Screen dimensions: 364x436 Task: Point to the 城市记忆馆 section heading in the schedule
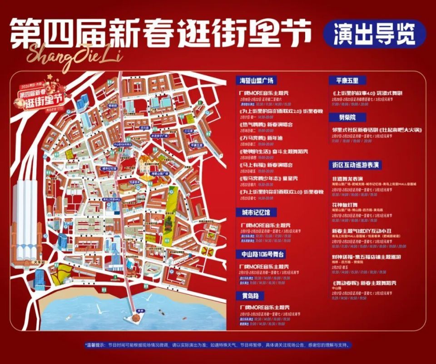click(x=256, y=212)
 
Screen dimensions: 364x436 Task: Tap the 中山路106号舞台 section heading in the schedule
click(x=260, y=254)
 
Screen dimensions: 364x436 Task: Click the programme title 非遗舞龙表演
click(x=347, y=179)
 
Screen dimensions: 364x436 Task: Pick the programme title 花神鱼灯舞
click(x=346, y=205)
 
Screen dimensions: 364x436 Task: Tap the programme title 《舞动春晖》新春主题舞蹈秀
click(x=364, y=283)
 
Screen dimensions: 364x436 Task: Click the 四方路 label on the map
click(x=144, y=128)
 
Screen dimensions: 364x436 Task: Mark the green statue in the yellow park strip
click(x=167, y=222)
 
